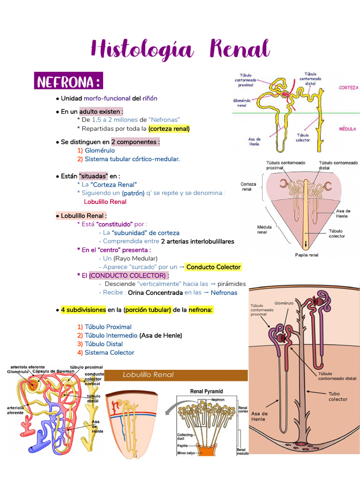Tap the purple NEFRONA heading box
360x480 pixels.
(68, 82)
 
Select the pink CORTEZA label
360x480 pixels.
(348, 88)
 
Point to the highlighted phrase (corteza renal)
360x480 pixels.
(169, 128)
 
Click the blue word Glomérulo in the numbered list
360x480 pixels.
(100, 150)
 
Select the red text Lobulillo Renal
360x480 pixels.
(105, 202)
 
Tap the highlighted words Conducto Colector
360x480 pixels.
(213, 267)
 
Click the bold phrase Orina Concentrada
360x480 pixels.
(155, 292)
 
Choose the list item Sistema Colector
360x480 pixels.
(109, 352)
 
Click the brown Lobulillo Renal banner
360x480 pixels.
(176, 375)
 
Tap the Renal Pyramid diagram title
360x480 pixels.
(206, 391)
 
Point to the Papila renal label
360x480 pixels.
(306, 255)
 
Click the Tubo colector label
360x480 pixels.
(337, 397)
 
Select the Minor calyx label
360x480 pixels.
(187, 452)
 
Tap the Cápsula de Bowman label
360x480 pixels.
(53, 371)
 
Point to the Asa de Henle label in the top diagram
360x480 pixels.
(255, 141)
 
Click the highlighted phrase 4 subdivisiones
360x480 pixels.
(83, 310)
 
